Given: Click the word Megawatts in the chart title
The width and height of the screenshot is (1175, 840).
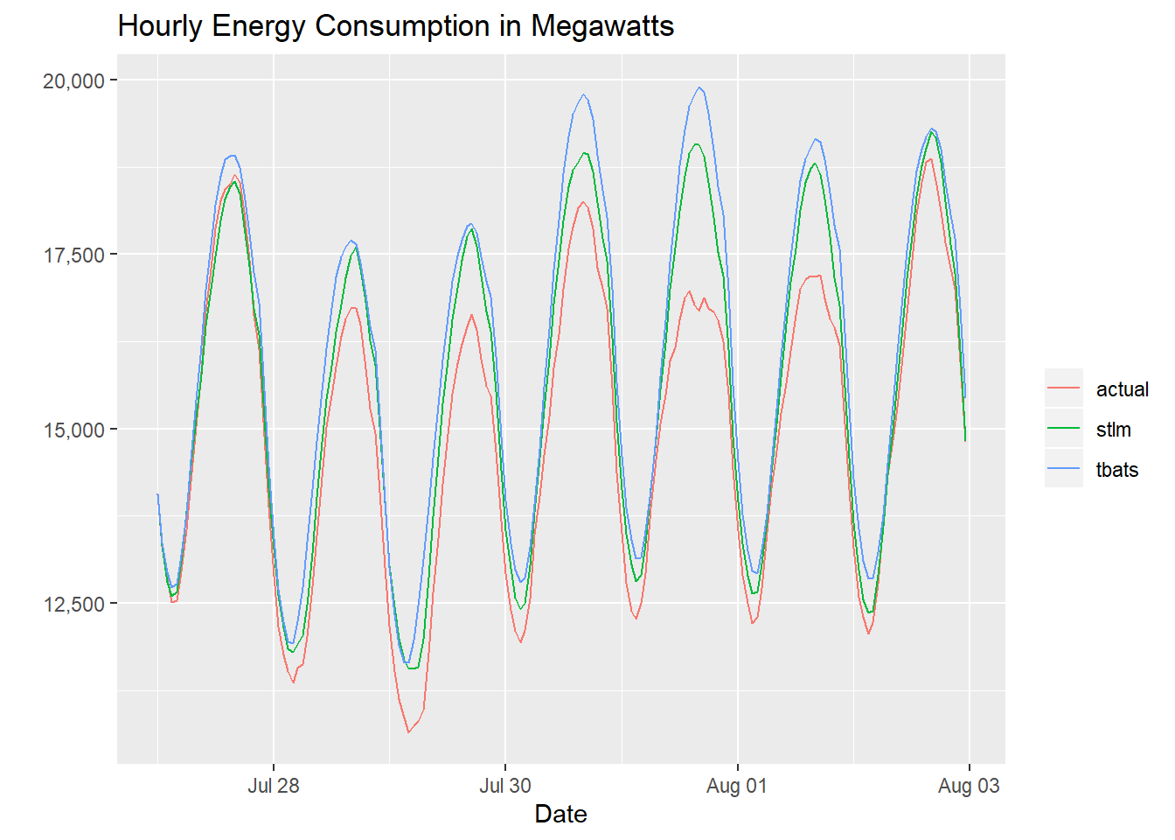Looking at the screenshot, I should pyautogui.click(x=602, y=26).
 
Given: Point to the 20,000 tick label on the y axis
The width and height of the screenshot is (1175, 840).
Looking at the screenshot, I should pyautogui.click(x=73, y=80).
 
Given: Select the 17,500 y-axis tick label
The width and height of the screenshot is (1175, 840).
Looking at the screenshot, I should pyautogui.click(x=73, y=255).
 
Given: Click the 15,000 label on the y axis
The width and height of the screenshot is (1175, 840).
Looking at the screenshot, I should pyautogui.click(x=73, y=430).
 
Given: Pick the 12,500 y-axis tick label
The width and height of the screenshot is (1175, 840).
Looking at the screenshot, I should pyautogui.click(x=73, y=604).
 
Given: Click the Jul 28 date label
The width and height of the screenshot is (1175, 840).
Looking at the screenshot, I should pyautogui.click(x=273, y=786).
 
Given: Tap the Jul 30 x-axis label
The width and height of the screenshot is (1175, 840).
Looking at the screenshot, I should pyautogui.click(x=504, y=786).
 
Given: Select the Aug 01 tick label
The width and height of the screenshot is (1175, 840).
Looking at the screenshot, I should pyautogui.click(x=736, y=786).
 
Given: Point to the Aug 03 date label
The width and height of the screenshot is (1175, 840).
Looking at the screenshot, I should pyautogui.click(x=969, y=786).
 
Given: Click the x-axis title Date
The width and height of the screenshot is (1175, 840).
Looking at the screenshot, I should pyautogui.click(x=560, y=814).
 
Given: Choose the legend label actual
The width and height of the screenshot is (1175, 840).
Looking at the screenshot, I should pyautogui.click(x=1123, y=389).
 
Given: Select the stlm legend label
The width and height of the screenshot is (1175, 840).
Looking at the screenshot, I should pyautogui.click(x=1114, y=430).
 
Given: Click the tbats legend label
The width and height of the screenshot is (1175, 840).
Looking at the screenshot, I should pyautogui.click(x=1117, y=470).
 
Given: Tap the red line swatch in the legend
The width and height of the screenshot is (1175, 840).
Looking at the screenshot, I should pyautogui.click(x=1063, y=388).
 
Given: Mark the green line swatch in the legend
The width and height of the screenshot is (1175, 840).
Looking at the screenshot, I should pyautogui.click(x=1063, y=429).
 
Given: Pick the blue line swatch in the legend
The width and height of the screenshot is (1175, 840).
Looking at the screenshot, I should pyautogui.click(x=1063, y=469).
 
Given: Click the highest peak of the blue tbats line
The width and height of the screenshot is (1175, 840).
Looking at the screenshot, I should pyautogui.click(x=699, y=87).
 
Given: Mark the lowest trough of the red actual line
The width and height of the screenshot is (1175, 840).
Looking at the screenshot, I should pyautogui.click(x=408, y=731).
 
